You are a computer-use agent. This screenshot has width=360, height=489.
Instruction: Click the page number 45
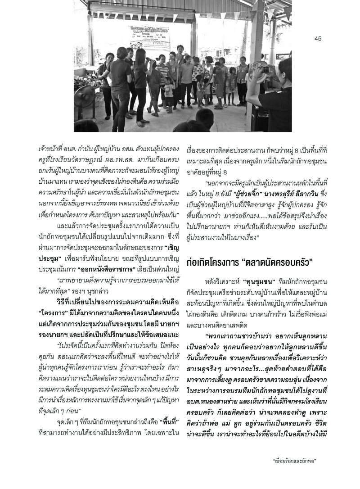tap(318, 39)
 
